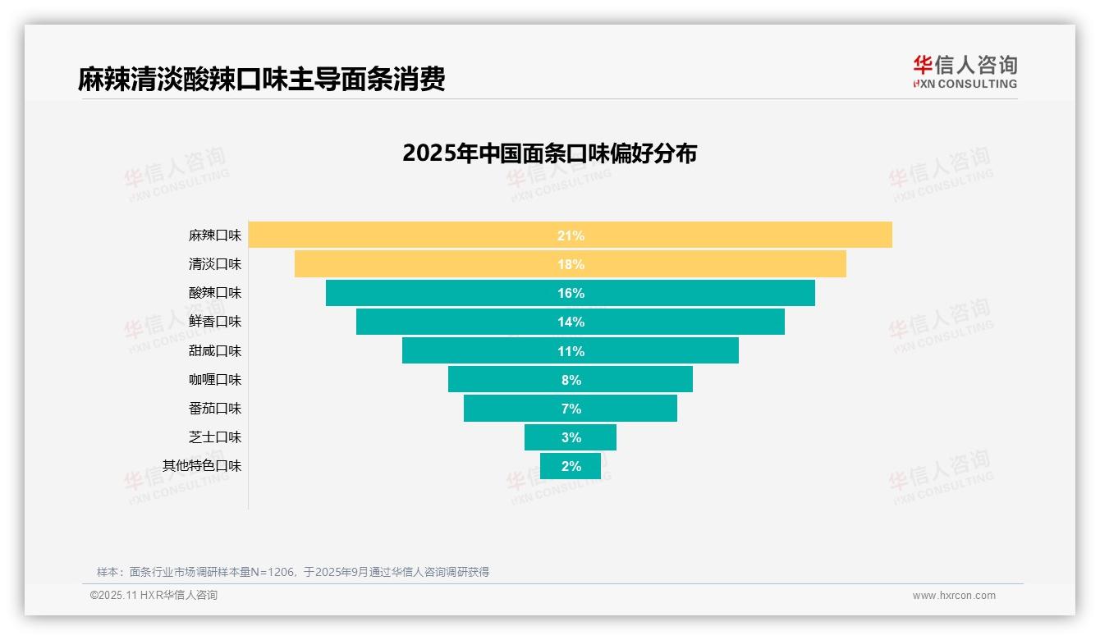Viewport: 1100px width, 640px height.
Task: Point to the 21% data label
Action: coord(571,235)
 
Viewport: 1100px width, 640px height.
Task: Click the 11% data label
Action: coord(571,351)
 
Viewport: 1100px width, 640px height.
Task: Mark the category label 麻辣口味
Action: coord(215,235)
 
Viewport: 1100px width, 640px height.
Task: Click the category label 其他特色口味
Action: coord(202,466)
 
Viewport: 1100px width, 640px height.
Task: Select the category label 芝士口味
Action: coord(215,437)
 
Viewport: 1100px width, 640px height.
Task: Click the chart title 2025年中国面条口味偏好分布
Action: coord(549,153)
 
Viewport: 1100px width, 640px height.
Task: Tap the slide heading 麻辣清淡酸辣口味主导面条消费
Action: coord(261,80)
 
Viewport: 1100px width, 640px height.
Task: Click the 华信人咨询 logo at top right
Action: coord(965,71)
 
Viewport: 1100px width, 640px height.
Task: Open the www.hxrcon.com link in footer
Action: coord(954,596)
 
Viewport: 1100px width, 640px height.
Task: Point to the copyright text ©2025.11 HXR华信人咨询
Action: coord(154,596)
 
